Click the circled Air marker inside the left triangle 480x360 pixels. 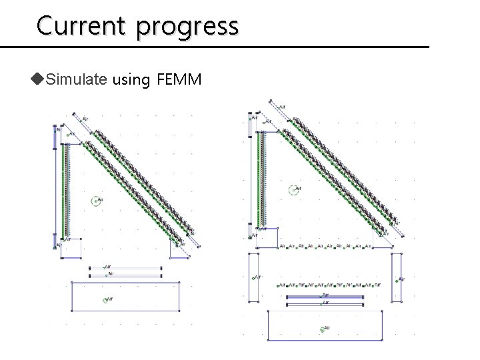point(97,200)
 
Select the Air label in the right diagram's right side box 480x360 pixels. point(398,279)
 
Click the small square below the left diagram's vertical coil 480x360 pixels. point(72,247)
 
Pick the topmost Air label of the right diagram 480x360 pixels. point(283,105)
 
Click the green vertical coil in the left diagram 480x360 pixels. point(65,190)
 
